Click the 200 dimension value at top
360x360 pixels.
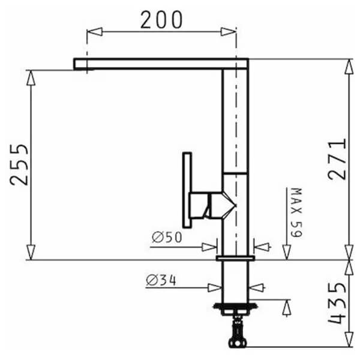click(x=161, y=20)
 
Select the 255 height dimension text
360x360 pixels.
click(x=19, y=164)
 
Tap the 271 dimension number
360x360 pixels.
click(x=337, y=159)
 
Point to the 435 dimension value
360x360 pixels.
click(x=337, y=303)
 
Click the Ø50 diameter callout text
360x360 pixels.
click(x=167, y=237)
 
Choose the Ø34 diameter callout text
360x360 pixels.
click(x=161, y=280)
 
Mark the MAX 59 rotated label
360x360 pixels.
click(x=296, y=212)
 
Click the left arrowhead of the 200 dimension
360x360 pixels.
click(x=95, y=32)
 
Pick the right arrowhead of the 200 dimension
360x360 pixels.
click(x=228, y=32)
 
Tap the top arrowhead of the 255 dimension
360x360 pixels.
click(x=31, y=77)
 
